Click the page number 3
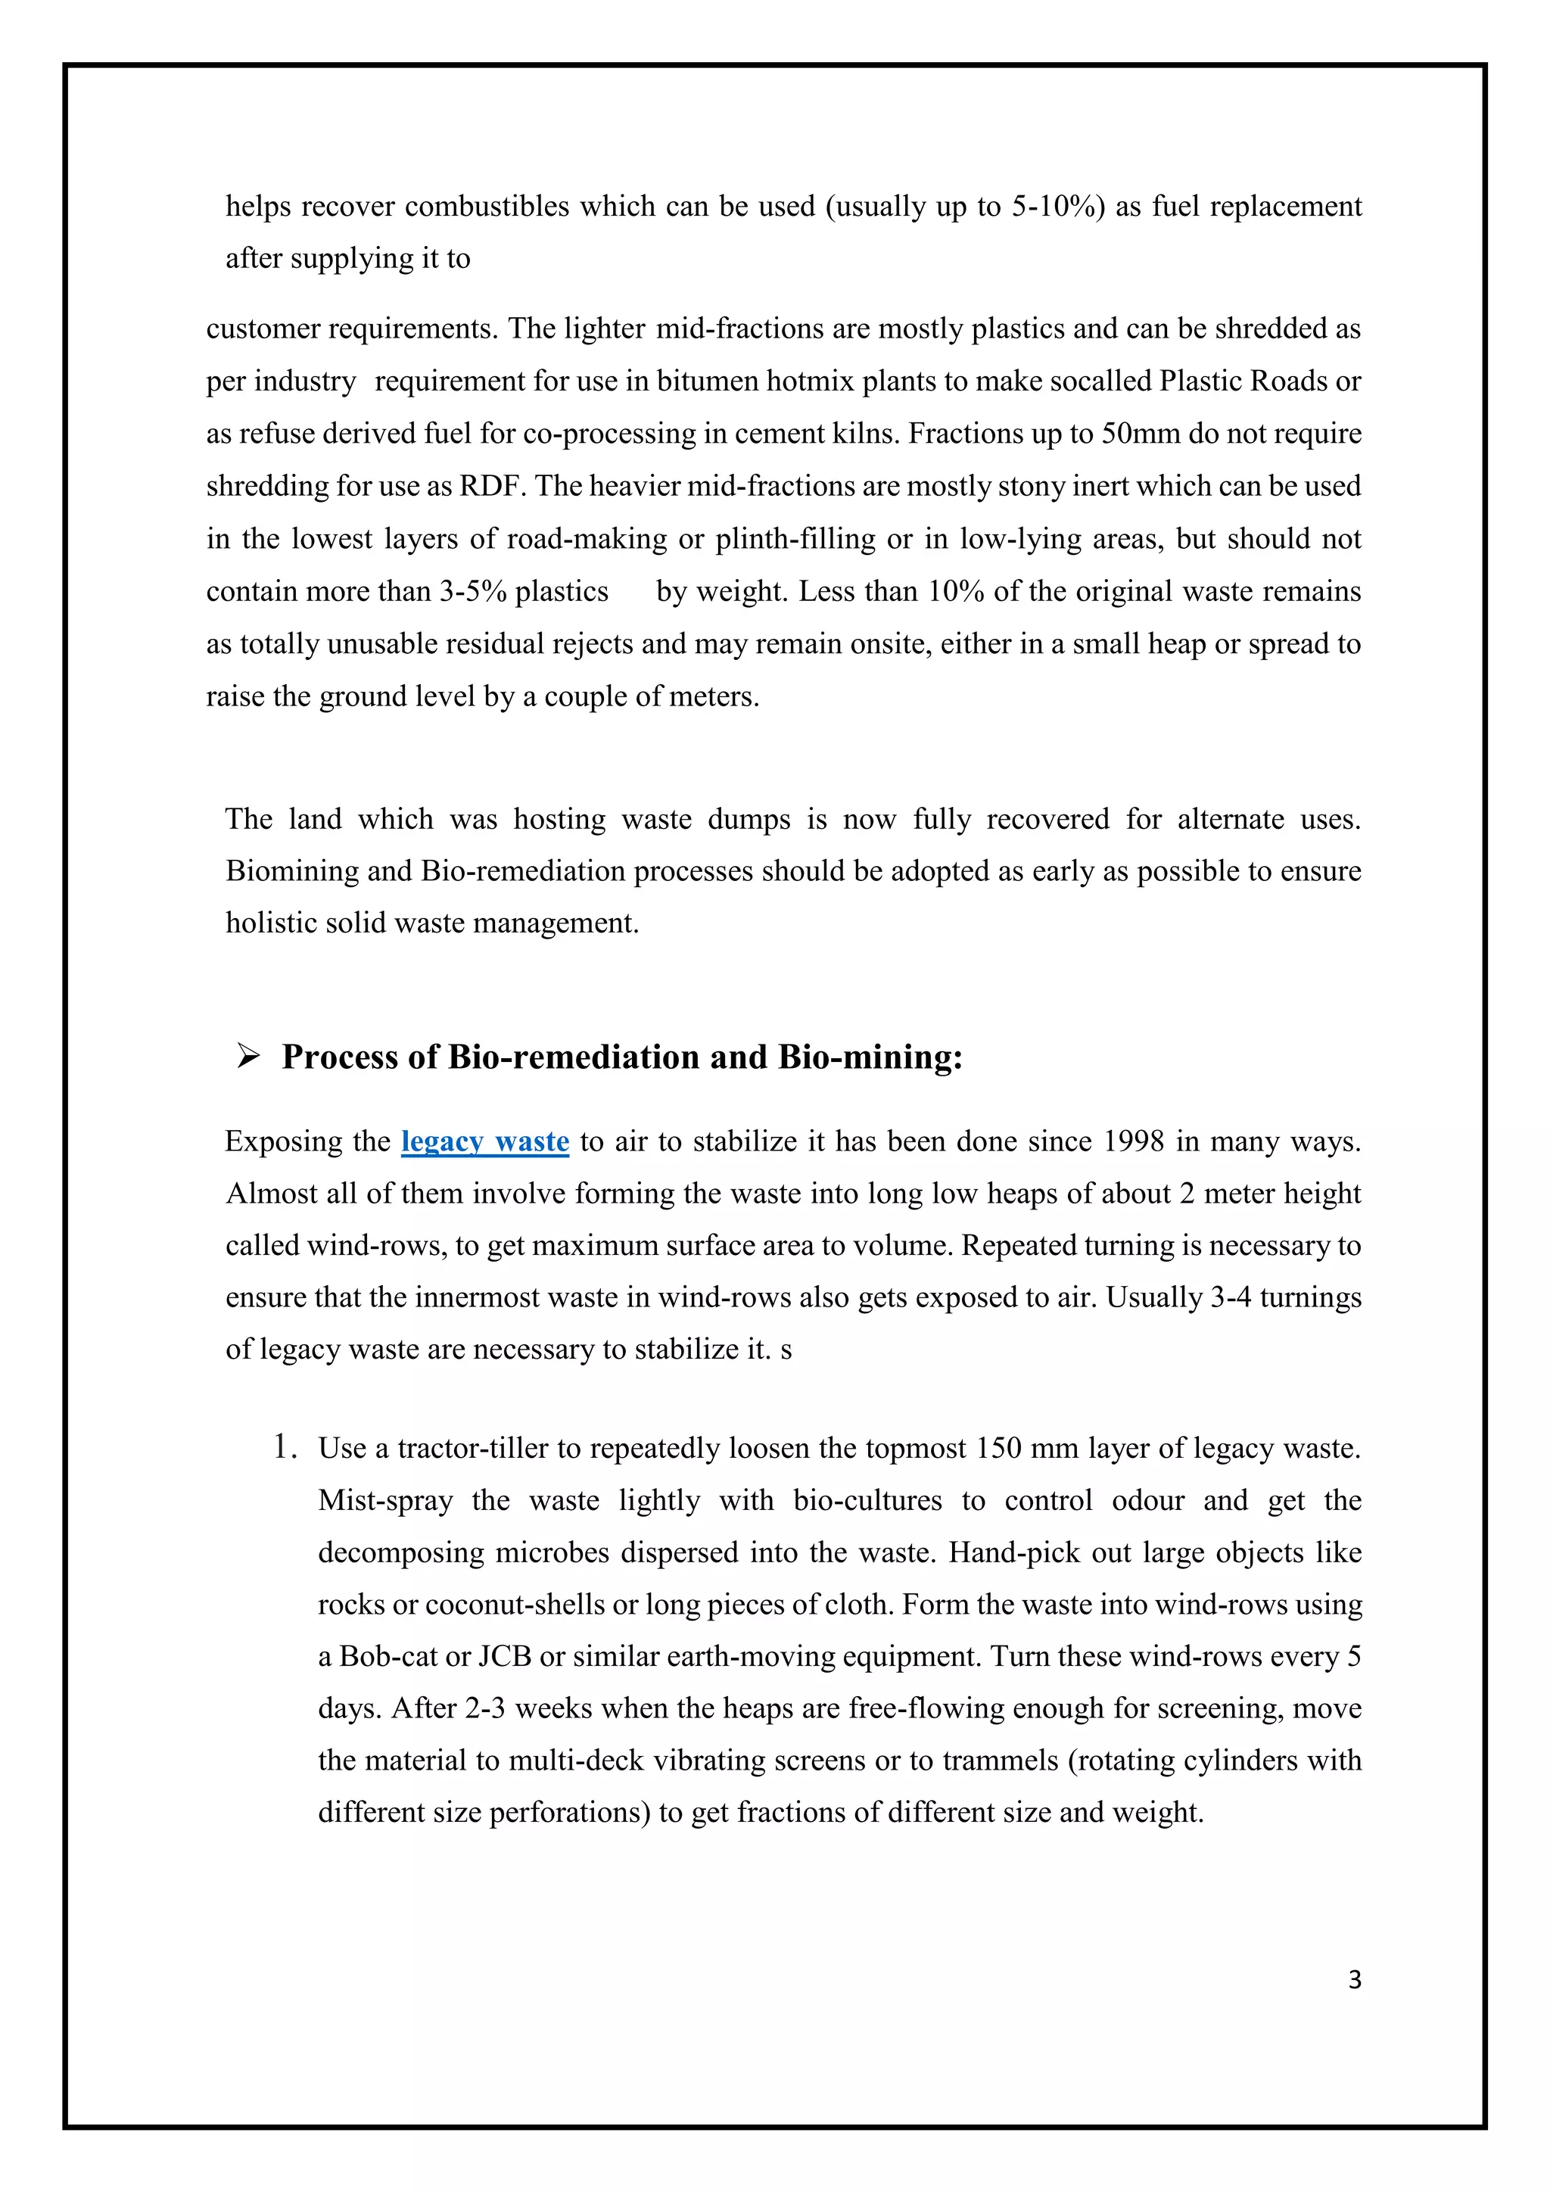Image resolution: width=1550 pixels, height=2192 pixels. tap(1353, 1980)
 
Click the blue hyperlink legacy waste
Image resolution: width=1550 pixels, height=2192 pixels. tap(485, 1142)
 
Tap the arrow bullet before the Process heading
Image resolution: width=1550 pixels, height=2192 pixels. tap(248, 1057)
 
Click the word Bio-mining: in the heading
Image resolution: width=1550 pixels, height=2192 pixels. tap(870, 1057)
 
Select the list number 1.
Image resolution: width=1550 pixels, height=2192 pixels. tap(284, 1447)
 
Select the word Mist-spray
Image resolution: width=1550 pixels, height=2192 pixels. tap(385, 1500)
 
